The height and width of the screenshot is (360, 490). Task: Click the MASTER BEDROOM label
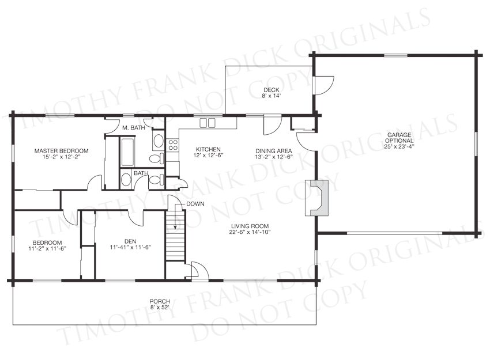tap(61, 151)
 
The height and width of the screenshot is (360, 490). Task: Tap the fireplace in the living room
tap(317, 198)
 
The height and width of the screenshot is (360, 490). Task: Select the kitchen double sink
tap(208, 123)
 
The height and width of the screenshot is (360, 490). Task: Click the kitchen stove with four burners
tap(173, 145)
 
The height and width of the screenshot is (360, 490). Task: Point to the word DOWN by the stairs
tap(195, 204)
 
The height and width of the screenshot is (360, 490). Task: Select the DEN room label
tap(130, 241)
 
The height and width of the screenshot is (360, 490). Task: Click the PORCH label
tap(160, 302)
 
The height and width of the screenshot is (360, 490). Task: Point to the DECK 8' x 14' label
tap(272, 93)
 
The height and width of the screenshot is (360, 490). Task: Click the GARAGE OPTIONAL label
tap(399, 138)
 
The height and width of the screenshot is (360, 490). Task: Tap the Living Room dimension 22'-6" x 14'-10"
tap(250, 232)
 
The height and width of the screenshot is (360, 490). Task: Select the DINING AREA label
tap(274, 151)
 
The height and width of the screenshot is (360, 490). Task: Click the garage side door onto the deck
tap(323, 85)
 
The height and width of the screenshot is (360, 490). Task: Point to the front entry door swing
tap(198, 269)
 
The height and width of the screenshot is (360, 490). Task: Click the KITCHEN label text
tap(208, 150)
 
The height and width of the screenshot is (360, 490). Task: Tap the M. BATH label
tap(133, 127)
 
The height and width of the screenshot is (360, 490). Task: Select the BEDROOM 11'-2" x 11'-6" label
tap(47, 245)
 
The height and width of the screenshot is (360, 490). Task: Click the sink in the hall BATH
tap(126, 180)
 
